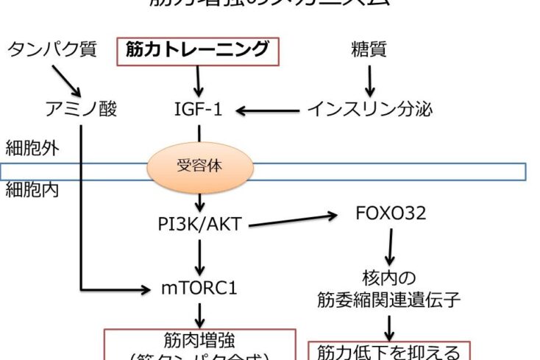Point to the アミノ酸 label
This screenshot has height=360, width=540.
click(81, 110)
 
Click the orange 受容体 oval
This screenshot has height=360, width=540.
click(199, 167)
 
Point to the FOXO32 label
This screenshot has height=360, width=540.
click(391, 214)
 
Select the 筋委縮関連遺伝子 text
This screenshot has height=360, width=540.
click(390, 299)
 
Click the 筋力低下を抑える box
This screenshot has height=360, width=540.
click(389, 351)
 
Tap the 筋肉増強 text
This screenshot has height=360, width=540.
click(200, 341)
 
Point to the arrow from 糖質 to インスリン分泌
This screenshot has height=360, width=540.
click(369, 80)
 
